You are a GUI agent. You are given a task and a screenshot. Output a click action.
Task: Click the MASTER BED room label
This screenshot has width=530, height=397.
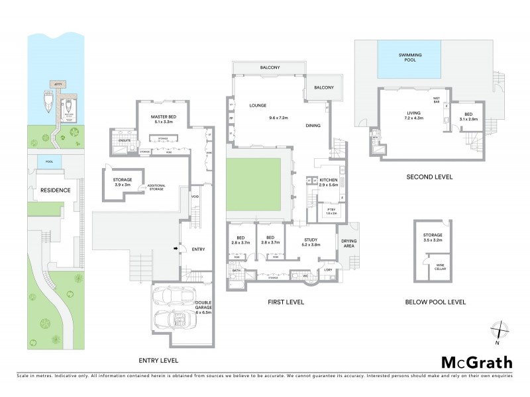click(x=162, y=119)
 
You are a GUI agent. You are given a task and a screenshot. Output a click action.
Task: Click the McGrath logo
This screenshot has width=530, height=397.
click(x=476, y=362)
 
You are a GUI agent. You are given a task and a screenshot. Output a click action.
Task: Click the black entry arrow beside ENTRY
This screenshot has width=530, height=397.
click(x=176, y=249)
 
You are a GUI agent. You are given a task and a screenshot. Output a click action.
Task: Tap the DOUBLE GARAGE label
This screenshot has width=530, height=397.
click(x=203, y=308)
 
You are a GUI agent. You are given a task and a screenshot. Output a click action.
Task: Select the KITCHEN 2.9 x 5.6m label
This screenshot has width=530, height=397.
click(x=329, y=183)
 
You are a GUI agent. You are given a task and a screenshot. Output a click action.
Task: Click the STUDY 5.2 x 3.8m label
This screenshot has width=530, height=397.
click(x=311, y=242)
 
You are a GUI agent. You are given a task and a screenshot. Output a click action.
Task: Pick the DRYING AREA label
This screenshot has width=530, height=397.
click(x=349, y=242)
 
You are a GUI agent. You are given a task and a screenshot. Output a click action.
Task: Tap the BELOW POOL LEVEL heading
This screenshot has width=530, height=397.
click(x=435, y=302)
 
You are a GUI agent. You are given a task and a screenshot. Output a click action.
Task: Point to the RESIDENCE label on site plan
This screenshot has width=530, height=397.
click(x=50, y=190)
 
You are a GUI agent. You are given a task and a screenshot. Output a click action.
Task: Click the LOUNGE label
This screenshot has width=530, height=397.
click(x=257, y=105)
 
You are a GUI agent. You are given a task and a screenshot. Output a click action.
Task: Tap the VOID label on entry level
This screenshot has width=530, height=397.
click(x=195, y=197)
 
